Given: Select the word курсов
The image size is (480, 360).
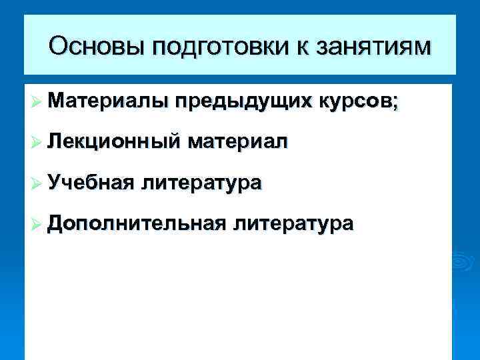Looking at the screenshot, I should click(355, 101).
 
